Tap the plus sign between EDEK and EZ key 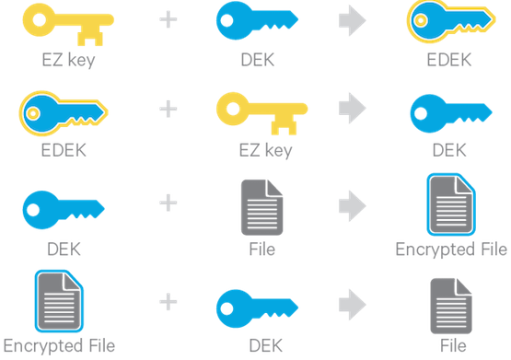(x=167, y=109)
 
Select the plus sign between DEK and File (x=167, y=203)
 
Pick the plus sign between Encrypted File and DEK (x=167, y=301)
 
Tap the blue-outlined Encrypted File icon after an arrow (x=448, y=204)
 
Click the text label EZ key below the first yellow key (x=61, y=62)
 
